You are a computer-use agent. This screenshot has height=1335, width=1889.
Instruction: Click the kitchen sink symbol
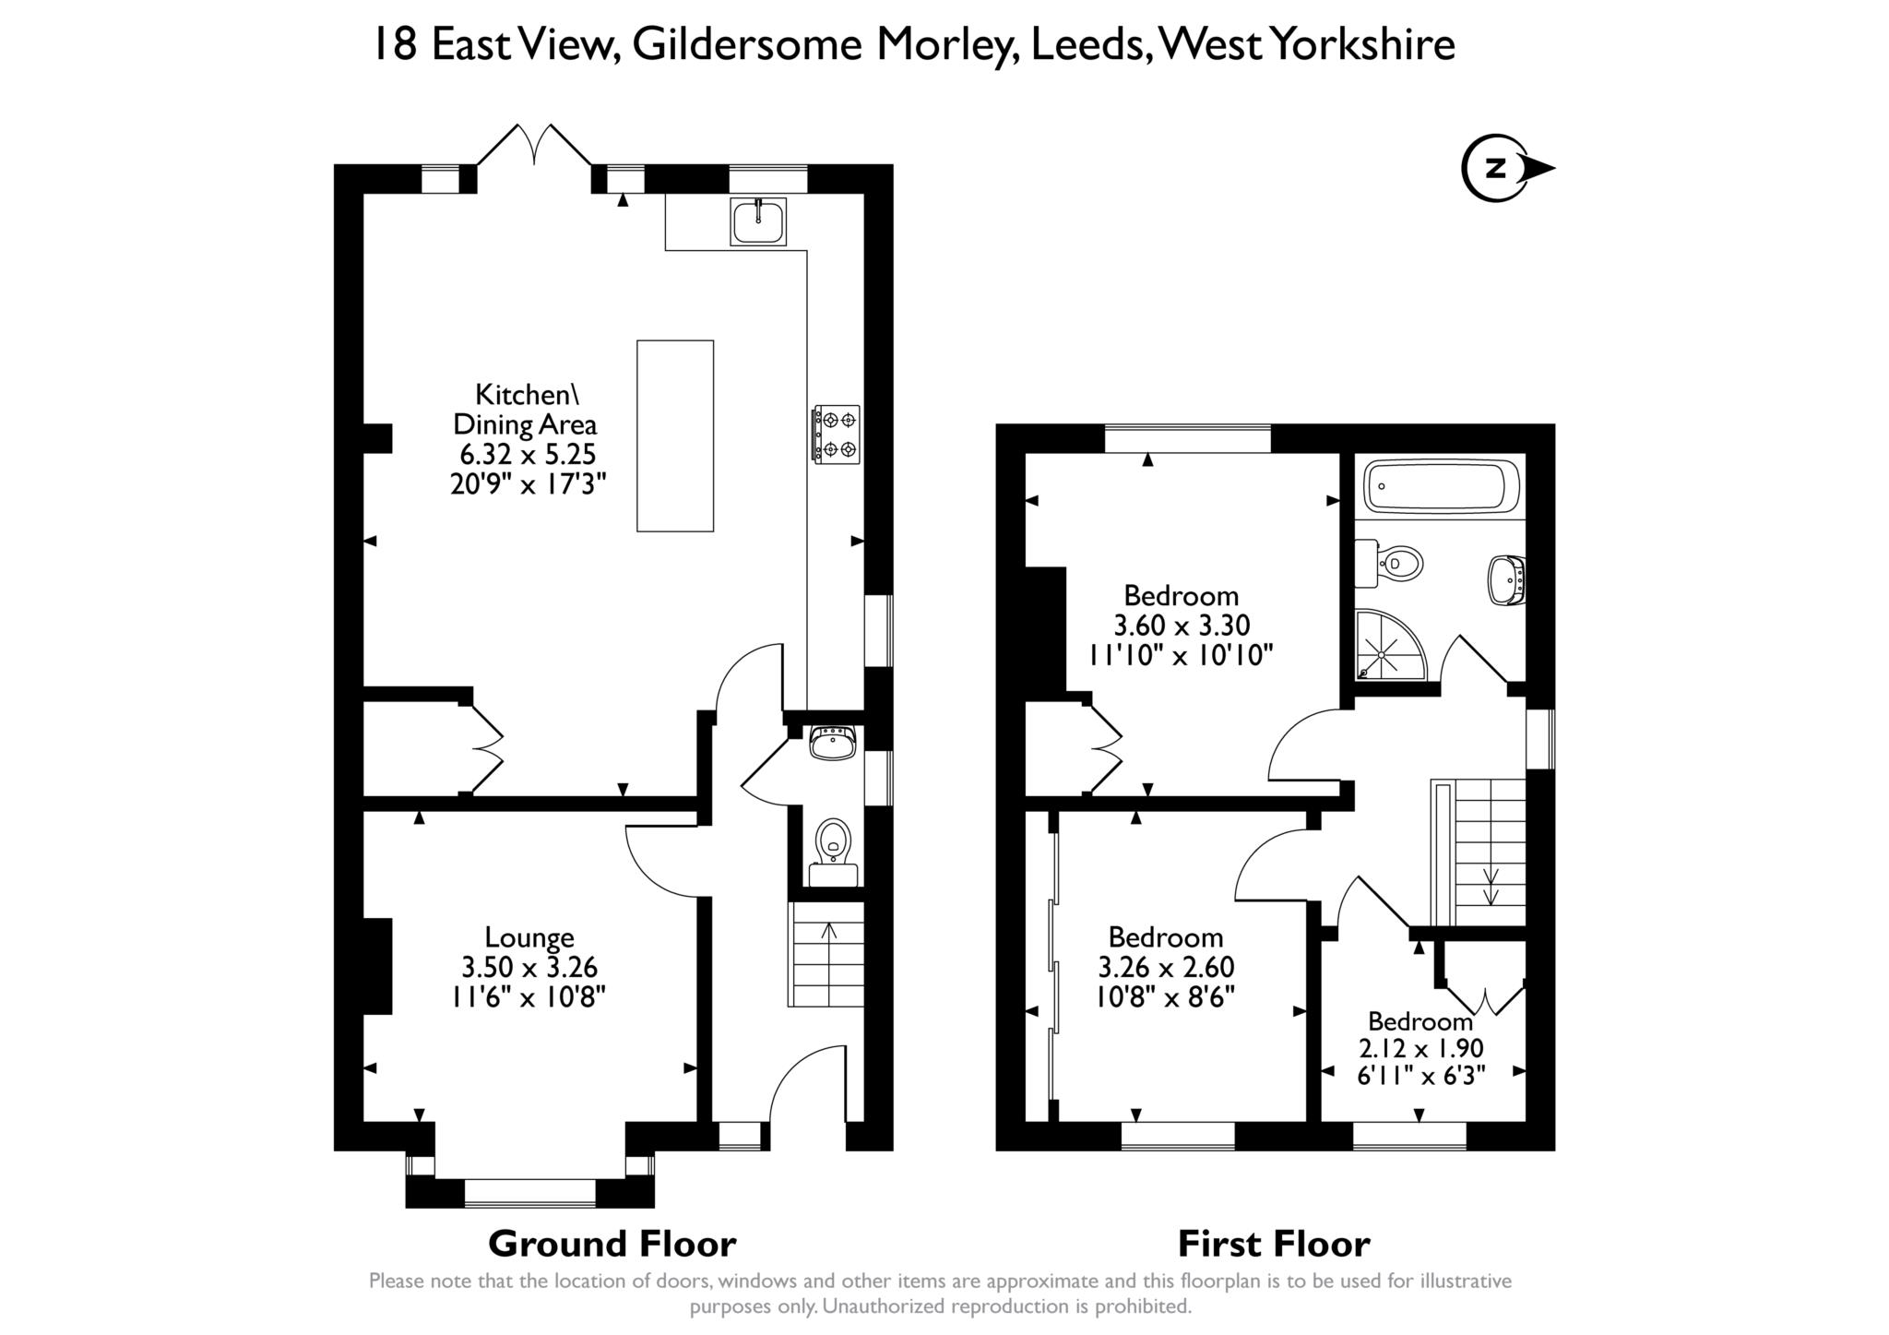point(758,221)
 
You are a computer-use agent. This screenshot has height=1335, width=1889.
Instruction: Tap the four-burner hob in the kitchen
point(836,435)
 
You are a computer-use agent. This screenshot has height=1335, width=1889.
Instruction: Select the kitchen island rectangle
point(675,435)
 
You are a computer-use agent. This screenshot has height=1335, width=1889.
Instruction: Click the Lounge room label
point(529,937)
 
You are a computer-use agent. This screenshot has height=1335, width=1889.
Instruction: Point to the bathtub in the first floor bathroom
point(1440,485)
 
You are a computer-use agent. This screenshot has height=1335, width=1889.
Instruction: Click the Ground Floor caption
point(612,1244)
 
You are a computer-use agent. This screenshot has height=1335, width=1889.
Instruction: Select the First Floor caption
point(1274,1244)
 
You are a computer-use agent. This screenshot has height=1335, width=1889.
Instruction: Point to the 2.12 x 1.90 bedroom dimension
point(1421,1048)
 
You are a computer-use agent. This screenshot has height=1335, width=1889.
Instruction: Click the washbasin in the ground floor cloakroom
point(834,742)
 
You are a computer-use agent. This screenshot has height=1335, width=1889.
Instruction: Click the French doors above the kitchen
point(534,145)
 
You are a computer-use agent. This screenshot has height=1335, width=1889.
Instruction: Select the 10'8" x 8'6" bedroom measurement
point(1166,996)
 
